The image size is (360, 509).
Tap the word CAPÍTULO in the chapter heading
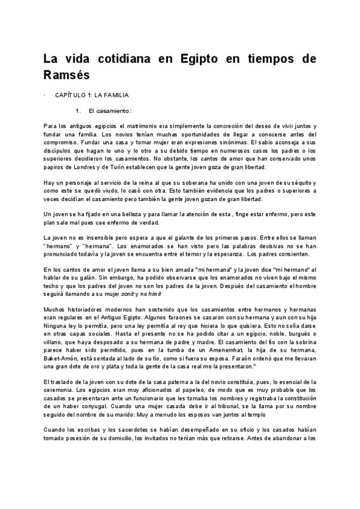[71, 95]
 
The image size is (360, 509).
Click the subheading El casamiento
[109, 111]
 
